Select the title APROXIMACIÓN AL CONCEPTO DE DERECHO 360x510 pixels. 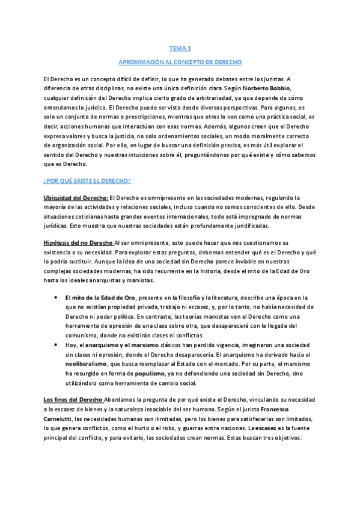coord(180,63)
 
